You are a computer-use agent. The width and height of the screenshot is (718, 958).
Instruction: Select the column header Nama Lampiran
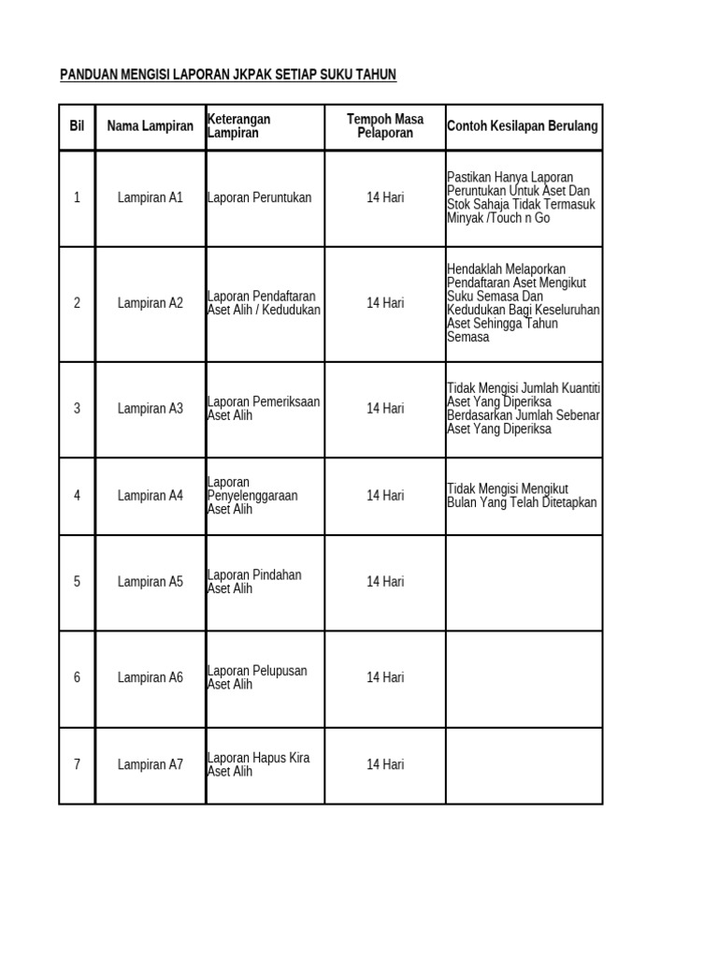(151, 126)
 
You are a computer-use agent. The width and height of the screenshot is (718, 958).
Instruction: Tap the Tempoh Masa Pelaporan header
(385, 126)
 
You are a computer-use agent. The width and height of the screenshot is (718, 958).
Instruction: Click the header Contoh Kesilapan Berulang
(523, 126)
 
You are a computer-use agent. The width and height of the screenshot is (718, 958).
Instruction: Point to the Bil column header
(77, 126)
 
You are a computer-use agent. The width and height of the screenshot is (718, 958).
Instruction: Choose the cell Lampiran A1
(151, 197)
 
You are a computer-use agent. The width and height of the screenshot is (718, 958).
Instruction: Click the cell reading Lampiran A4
(151, 496)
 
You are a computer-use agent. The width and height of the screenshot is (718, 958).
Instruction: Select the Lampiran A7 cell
(151, 764)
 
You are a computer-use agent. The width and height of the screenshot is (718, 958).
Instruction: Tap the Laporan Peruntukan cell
(259, 197)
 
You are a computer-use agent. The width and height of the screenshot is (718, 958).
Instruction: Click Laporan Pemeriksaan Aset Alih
(263, 408)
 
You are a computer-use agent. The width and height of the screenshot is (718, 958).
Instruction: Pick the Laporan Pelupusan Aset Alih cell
(256, 677)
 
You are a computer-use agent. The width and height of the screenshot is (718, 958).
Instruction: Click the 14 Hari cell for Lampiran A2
(385, 303)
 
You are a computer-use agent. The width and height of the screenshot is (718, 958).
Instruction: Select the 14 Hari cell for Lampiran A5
(385, 582)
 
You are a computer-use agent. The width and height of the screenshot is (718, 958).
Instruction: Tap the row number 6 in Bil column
(77, 677)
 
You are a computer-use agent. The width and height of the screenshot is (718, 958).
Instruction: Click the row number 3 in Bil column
(77, 408)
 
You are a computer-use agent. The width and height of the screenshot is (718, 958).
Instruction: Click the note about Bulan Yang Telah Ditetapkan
(522, 502)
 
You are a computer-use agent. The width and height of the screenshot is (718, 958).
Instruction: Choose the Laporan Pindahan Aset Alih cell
(253, 582)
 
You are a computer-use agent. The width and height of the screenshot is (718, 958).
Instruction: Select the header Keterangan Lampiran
(238, 126)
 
